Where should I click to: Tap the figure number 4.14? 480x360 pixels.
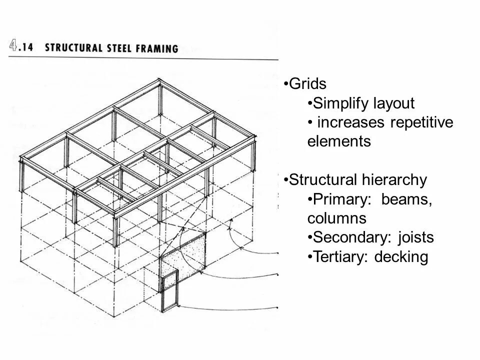pyautogui.click(x=22, y=47)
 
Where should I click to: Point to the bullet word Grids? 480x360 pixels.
pyautogui.click(x=307, y=84)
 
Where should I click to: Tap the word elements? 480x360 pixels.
pyautogui.click(x=339, y=141)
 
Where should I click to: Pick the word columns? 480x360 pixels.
pyautogui.click(x=337, y=218)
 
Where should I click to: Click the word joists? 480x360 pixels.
pyautogui.click(x=416, y=238)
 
